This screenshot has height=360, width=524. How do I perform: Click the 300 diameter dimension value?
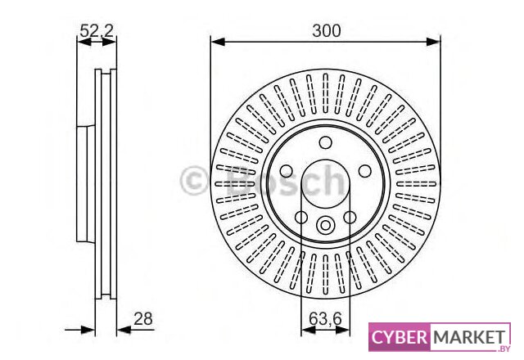tap(326, 31)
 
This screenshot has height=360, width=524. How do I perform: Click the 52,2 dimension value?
tap(97, 31)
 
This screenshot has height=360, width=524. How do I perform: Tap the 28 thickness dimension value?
tap(143, 318)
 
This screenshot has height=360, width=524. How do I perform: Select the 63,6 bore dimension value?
tap(325, 318)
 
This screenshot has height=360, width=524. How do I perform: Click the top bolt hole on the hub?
tap(326, 142)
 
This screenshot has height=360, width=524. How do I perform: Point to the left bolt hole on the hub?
tap(286, 171)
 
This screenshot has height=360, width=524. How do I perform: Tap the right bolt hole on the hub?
tap(365, 171)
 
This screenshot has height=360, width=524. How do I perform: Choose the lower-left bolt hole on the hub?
tap(301, 218)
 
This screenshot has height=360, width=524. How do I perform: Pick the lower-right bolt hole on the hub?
tap(350, 218)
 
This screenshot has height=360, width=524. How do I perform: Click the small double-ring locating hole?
tap(326, 225)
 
